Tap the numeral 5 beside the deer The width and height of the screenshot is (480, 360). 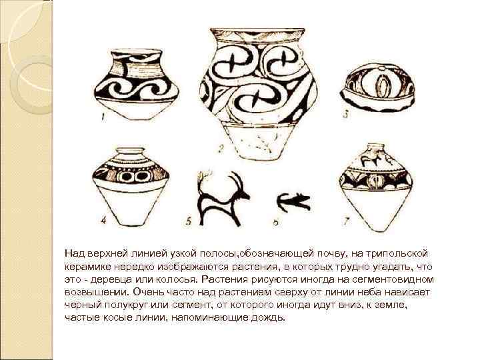click(x=189, y=220)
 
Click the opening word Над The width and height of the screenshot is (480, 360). click(x=73, y=253)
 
